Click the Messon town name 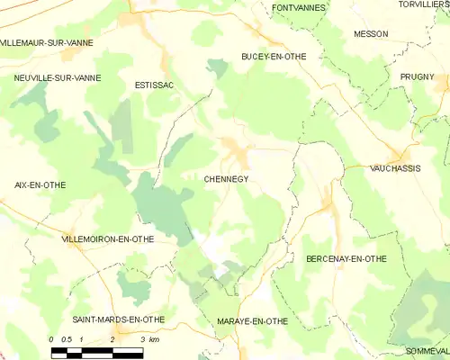pos(371,33)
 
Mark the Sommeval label pos(426,350)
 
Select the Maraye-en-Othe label pos(251,321)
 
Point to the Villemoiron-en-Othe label pos(106,239)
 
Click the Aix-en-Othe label pos(40,184)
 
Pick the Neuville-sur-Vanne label pos(57,78)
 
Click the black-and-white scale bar pos(96,352)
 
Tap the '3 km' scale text pos(149,339)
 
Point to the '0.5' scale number pos(67,339)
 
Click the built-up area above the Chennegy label pos(236,152)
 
